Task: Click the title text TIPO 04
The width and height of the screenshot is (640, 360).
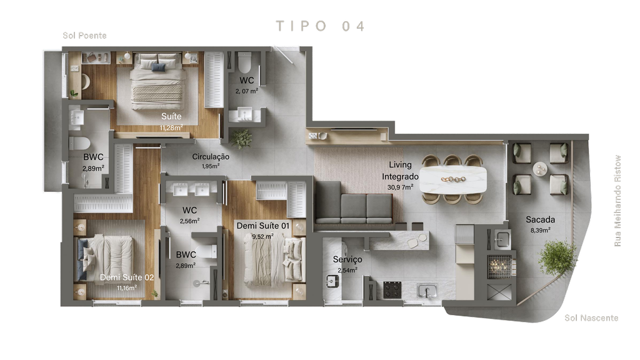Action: click(x=321, y=26)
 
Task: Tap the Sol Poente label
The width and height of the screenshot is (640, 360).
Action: click(x=84, y=36)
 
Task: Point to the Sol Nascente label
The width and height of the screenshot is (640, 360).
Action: click(x=591, y=318)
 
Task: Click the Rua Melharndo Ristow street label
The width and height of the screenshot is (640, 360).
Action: click(x=617, y=201)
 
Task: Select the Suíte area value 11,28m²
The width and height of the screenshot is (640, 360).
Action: click(x=171, y=127)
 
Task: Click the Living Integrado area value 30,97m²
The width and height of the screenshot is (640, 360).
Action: click(x=400, y=187)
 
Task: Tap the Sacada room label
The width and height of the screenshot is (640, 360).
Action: click(x=540, y=219)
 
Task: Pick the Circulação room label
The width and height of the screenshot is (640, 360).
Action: click(x=211, y=157)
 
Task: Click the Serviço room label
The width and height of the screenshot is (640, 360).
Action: click(x=347, y=259)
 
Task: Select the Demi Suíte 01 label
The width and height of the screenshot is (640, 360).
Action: click(x=263, y=226)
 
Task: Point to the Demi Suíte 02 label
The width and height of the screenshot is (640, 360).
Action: click(x=127, y=277)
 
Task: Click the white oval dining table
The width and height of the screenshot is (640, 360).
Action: click(x=453, y=179)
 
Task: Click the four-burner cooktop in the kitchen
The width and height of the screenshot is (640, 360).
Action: click(x=392, y=290)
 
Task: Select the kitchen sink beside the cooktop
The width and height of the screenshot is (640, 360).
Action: click(x=427, y=291)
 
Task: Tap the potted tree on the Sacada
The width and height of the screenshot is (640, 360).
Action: click(x=557, y=257)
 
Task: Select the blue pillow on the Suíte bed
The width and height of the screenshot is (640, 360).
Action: click(x=159, y=67)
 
